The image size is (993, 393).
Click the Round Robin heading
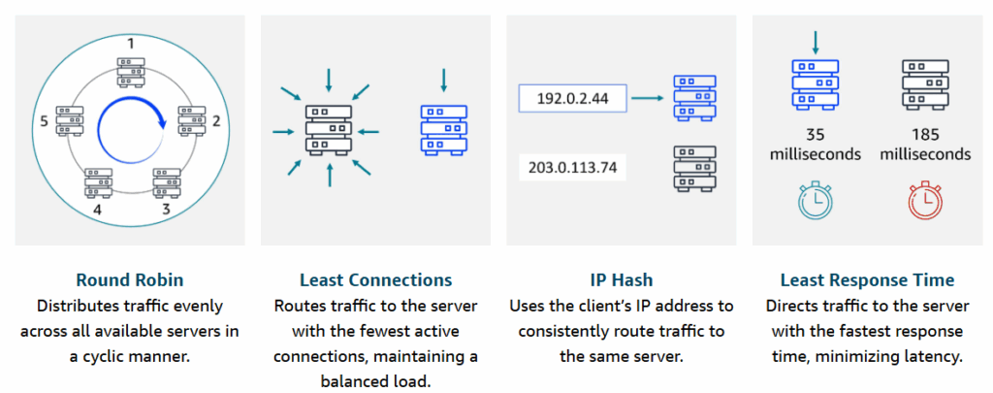[129, 280]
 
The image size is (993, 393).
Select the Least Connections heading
[375, 280]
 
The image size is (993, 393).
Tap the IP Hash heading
[621, 280]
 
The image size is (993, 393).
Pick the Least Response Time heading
[867, 280]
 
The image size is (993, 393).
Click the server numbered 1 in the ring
[131, 72]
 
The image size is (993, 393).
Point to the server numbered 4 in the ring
[98, 183]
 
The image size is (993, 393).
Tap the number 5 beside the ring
[44, 121]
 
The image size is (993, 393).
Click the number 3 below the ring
[166, 209]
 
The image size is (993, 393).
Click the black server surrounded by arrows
[328, 130]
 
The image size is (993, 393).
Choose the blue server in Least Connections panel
[443, 130]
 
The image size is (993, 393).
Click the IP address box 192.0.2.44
[572, 98]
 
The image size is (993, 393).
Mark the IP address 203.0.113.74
[572, 168]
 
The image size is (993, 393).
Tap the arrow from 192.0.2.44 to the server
[647, 98]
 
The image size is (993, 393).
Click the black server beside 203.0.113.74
[694, 169]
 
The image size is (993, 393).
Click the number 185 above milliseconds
[925, 135]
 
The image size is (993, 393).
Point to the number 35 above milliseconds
[815, 135]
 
